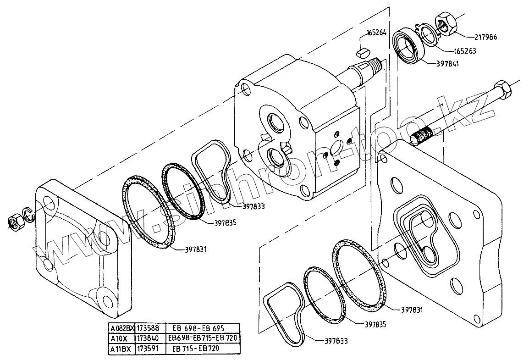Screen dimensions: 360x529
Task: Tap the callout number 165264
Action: pos(376,33)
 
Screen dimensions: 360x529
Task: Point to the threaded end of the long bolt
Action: pos(421,136)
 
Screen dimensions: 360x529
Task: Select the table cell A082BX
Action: pos(120,328)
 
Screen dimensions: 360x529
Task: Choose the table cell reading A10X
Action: pos(120,338)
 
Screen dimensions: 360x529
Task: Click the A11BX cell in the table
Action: pos(120,349)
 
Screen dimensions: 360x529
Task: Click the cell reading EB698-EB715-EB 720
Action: pos(202,338)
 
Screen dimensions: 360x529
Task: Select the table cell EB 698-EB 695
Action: pos(202,328)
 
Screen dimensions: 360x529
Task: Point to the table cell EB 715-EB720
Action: pos(202,349)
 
